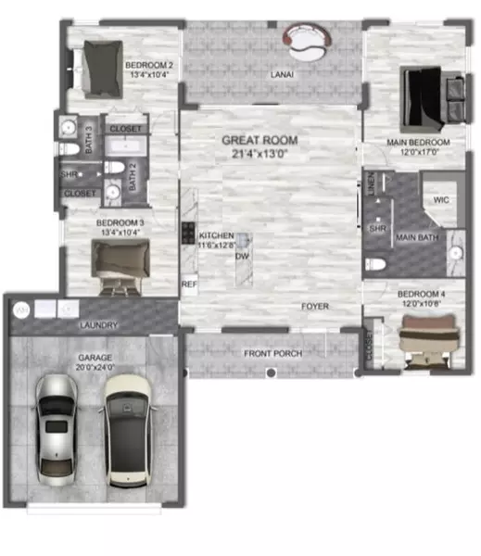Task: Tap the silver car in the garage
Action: [x=56, y=427]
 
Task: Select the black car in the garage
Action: [x=129, y=430]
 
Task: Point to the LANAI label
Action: [x=282, y=73]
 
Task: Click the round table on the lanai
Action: [x=310, y=38]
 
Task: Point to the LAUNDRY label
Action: [x=98, y=325]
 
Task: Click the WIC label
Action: [x=441, y=199]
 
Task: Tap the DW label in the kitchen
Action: [x=242, y=256]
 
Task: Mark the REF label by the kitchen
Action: [x=189, y=284]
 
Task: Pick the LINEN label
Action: [x=372, y=183]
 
